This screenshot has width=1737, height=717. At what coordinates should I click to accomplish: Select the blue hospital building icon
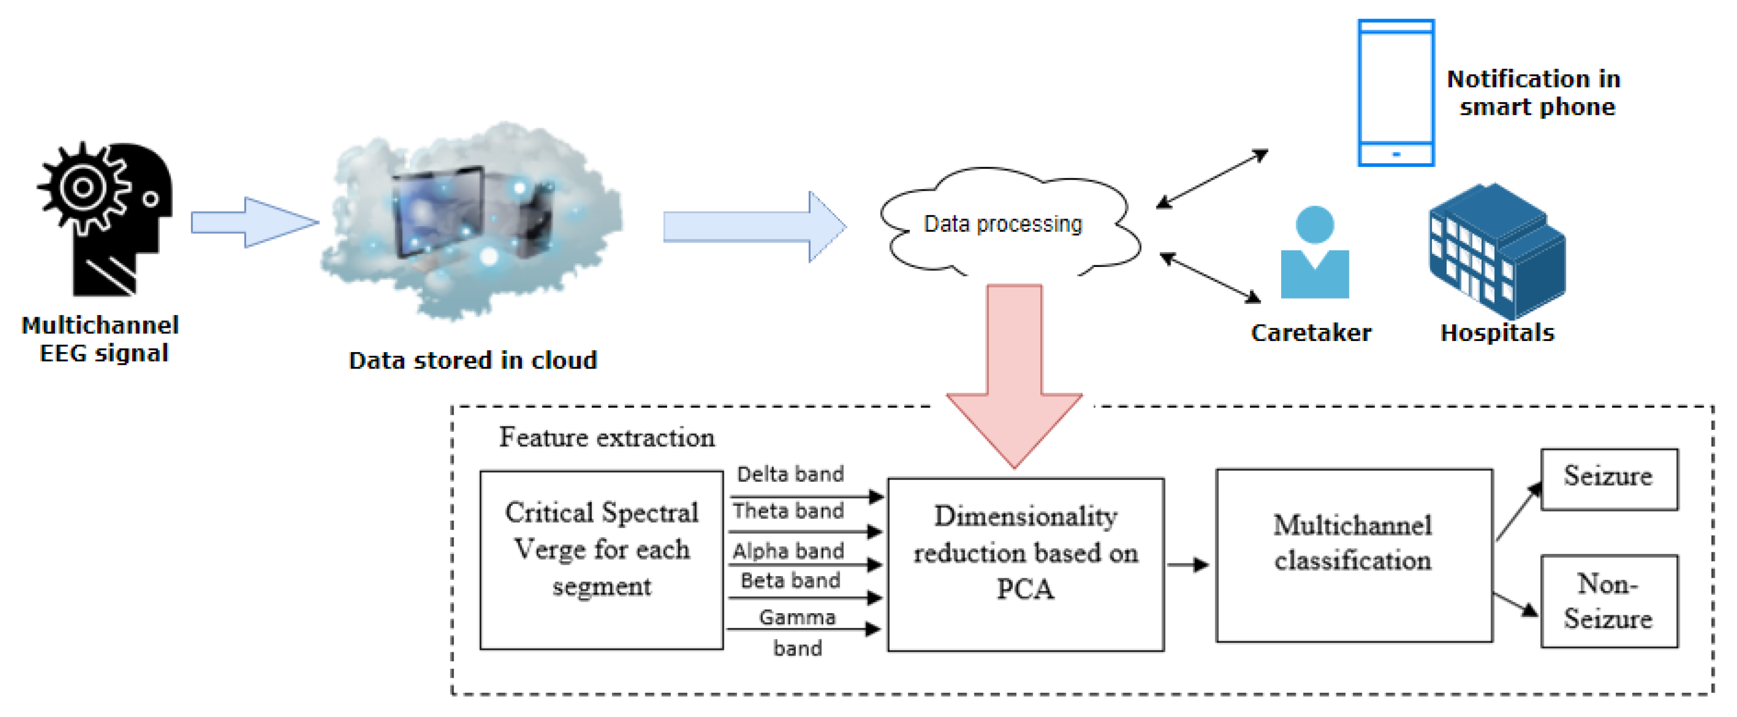[1497, 251]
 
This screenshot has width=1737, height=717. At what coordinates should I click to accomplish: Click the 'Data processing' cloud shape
[1010, 222]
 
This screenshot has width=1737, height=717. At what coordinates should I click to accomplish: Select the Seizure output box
[1609, 479]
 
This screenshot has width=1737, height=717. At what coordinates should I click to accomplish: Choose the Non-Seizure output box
[1609, 601]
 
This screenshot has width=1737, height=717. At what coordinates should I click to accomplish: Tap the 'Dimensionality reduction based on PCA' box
[1025, 564]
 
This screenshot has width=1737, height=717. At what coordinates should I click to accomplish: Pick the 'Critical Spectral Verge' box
[601, 559]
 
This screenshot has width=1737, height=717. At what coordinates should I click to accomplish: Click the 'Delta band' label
[790, 473]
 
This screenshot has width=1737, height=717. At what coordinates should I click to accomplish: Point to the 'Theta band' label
[788, 510]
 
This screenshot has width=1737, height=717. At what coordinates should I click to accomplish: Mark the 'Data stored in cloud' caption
[473, 360]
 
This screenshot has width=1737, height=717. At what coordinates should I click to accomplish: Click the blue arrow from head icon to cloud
[255, 222]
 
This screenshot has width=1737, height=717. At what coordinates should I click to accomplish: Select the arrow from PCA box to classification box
[1187, 564]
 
